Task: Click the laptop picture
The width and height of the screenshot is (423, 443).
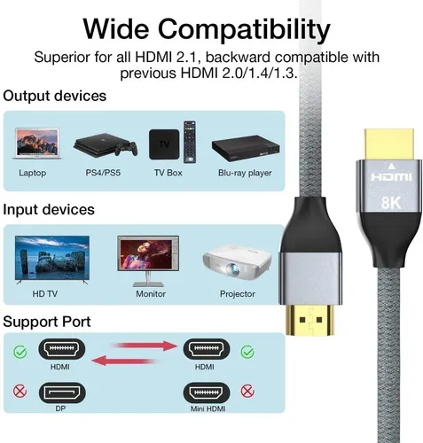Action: point(37,144)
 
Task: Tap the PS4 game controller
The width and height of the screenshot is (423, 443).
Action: point(126,149)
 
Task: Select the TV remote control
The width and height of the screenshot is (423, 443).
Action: point(190,142)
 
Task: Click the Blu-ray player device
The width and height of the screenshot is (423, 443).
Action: point(246,149)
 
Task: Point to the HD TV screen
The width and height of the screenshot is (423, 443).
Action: point(52,258)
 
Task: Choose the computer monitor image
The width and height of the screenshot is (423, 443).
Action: point(148,260)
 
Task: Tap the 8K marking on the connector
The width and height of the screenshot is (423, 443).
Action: point(391,203)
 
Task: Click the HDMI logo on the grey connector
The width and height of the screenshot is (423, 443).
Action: point(391,177)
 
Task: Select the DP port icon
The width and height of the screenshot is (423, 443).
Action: point(62,392)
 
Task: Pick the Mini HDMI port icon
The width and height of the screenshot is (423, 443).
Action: point(207,392)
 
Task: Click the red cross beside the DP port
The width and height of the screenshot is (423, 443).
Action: point(20,392)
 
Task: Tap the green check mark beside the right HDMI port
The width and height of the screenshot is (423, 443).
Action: point(247,352)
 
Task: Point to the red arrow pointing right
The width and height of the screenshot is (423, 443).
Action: point(144,346)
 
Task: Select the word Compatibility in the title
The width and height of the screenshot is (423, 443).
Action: point(244,29)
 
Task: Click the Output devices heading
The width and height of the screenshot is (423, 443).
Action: point(55,96)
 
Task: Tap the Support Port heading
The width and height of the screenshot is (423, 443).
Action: point(47,323)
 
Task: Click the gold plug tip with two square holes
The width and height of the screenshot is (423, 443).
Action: point(310,320)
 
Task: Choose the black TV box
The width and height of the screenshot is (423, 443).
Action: point(164,144)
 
